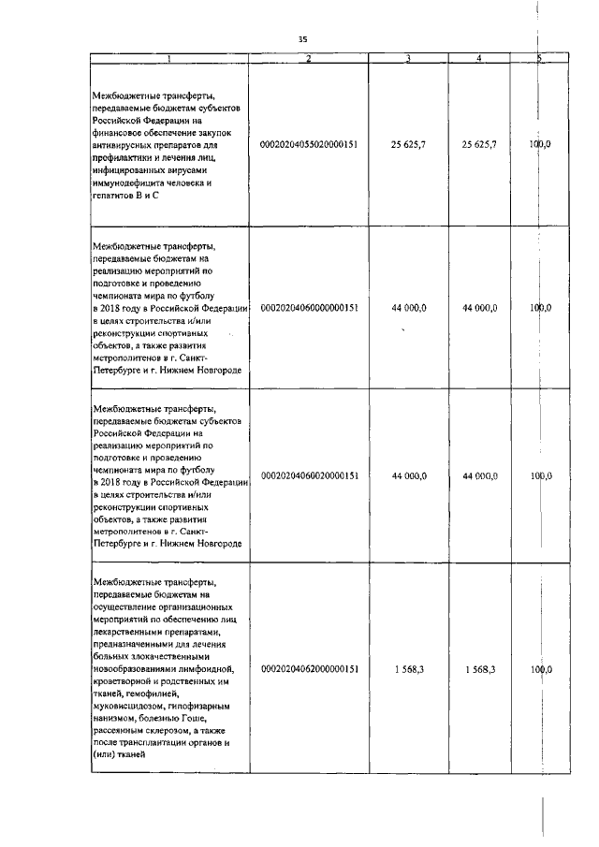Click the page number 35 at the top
302,39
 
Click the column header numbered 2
308,59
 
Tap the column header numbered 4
479,59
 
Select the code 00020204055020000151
308,145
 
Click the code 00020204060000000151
308,307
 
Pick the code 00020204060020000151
308,476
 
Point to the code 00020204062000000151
308,670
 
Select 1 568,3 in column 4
479,670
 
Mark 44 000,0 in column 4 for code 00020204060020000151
479,476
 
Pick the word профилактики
124,158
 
